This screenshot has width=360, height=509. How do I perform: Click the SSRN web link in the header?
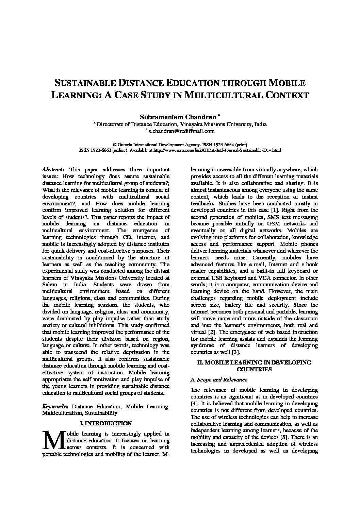coord(217,150)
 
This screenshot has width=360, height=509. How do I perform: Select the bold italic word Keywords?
coord(54,406)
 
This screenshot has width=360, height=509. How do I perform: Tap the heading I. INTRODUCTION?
coord(105,423)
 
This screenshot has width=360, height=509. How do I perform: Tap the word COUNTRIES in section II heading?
coord(254,369)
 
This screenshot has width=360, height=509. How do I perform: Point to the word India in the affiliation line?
coord(260,124)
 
